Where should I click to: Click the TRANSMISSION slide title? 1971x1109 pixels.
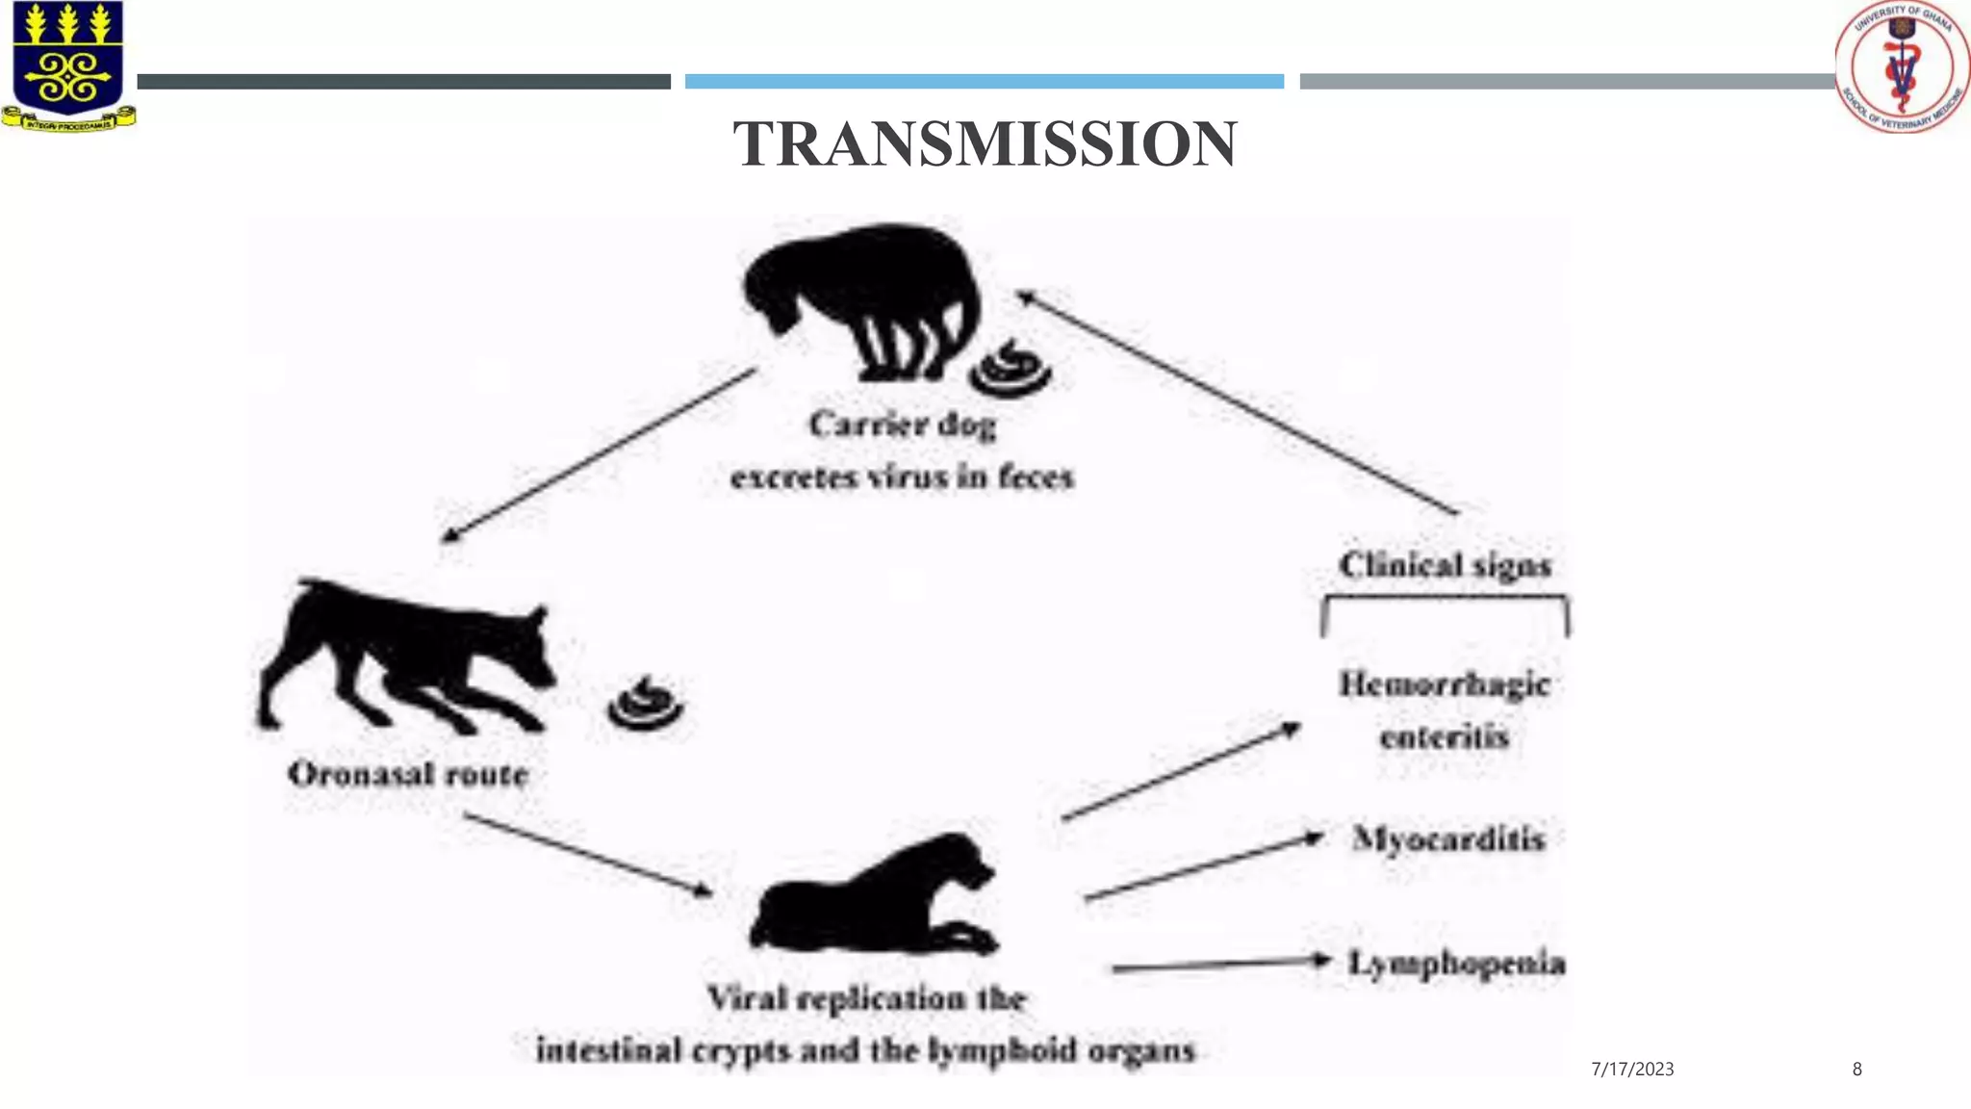[985, 144]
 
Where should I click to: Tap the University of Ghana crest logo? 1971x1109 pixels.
[67, 65]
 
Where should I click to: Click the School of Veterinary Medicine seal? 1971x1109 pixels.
[1902, 65]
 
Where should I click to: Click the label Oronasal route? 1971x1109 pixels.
[408, 774]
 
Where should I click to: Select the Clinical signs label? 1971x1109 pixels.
[1445, 565]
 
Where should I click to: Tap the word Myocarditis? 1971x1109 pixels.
[1448, 838]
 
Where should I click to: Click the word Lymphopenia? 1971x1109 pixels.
[1456, 963]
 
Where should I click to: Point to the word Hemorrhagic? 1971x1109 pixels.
[1445, 684]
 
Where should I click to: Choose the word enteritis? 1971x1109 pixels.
[1444, 737]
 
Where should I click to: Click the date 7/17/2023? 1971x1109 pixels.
[1632, 1070]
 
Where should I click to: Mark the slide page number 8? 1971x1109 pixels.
[1856, 1070]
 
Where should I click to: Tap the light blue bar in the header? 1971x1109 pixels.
[984, 82]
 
